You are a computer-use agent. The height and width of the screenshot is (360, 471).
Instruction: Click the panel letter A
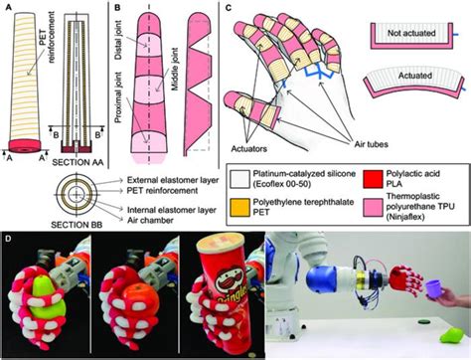pos(7,8)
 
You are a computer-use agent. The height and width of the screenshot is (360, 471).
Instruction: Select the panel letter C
pos(228,8)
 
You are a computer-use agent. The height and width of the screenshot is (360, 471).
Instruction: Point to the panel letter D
pos(8,239)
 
